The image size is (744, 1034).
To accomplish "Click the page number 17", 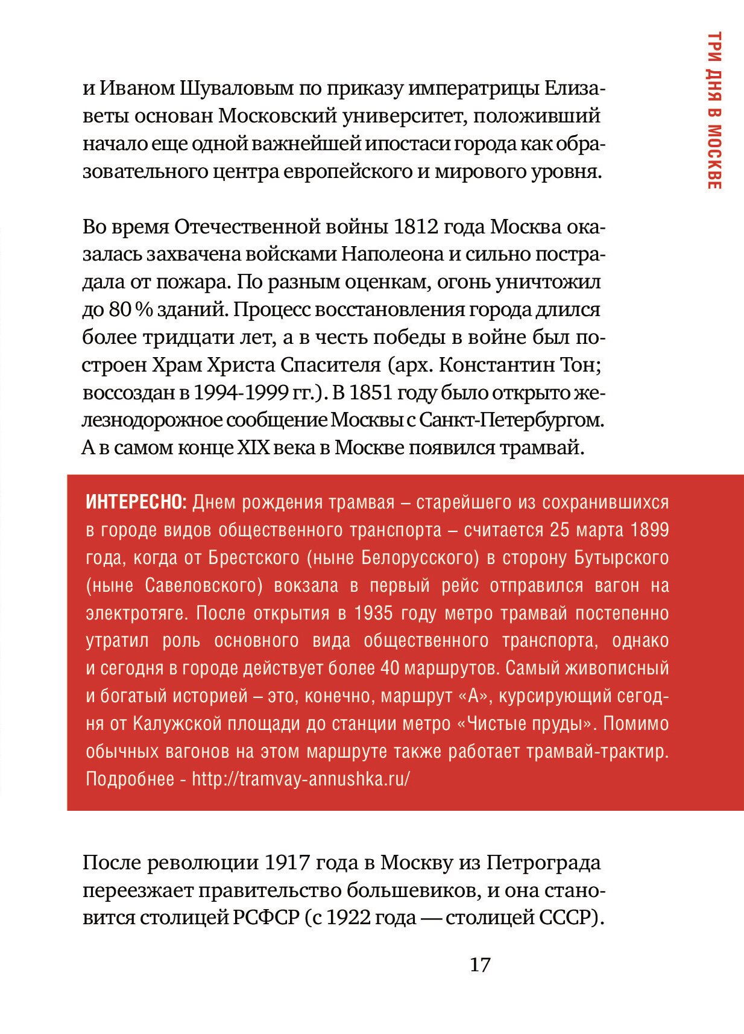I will pyautogui.click(x=480, y=965).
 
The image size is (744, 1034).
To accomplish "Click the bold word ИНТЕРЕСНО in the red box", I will pyautogui.click(x=137, y=502).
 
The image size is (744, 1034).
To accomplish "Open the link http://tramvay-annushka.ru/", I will pyautogui.click(x=301, y=779).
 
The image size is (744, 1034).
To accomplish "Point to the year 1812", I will pyautogui.click(x=415, y=227).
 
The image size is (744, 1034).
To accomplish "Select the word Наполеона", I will pyautogui.click(x=392, y=255).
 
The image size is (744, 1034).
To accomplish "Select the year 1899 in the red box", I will pyautogui.click(x=649, y=530).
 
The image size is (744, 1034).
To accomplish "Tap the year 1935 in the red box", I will pyautogui.click(x=377, y=613).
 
